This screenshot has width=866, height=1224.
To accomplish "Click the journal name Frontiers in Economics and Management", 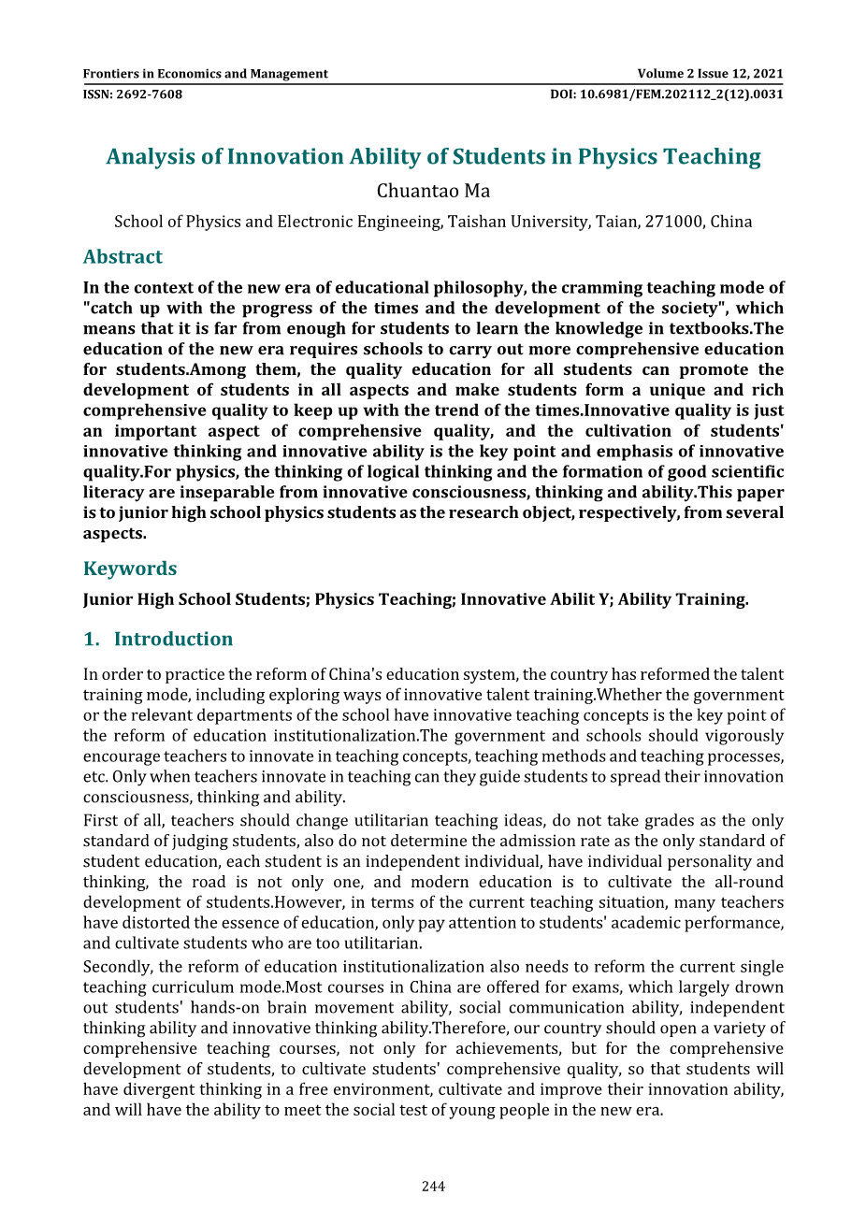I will (x=205, y=74).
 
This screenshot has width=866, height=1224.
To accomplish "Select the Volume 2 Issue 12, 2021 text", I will (x=710, y=74).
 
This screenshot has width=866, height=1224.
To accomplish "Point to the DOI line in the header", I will (x=666, y=94).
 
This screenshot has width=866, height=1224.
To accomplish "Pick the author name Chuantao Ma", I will (x=433, y=192).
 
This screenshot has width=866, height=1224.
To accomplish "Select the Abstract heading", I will (x=123, y=257).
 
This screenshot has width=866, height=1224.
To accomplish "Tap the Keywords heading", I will (x=129, y=569).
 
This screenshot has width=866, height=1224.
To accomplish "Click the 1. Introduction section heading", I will (x=158, y=640).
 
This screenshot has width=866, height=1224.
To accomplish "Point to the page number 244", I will (x=433, y=1187).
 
